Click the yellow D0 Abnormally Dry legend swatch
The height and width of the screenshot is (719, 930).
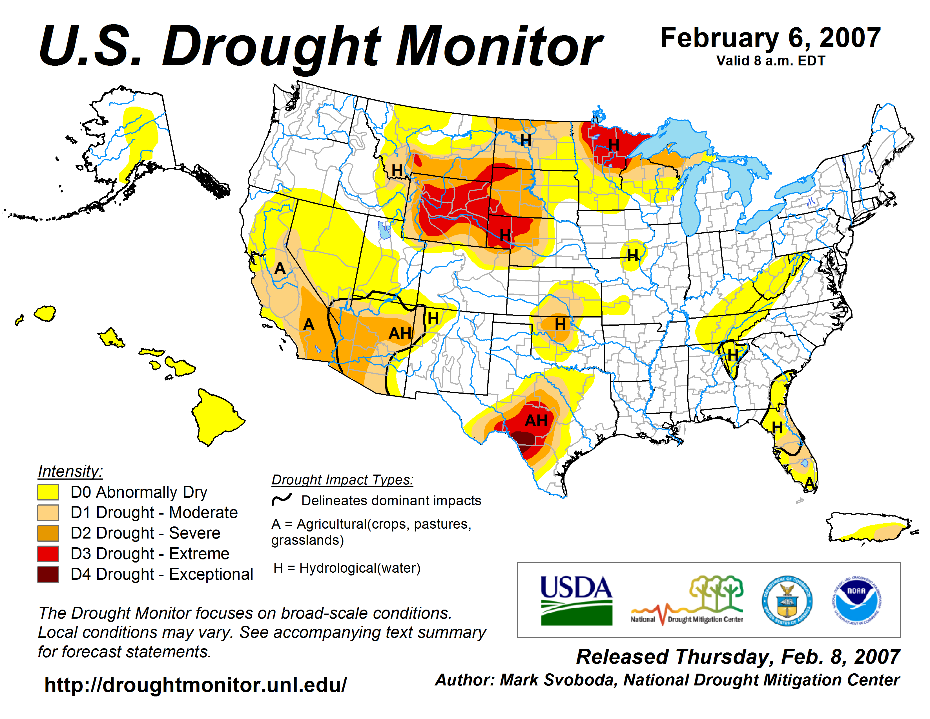click(x=48, y=492)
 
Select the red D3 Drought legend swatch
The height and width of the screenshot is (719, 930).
click(x=48, y=554)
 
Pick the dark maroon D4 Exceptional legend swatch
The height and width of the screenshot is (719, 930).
click(x=48, y=574)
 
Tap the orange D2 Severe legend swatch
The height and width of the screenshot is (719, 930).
click(x=48, y=533)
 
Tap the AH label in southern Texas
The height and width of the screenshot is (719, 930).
click(x=536, y=421)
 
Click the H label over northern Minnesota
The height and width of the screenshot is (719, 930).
click(x=614, y=145)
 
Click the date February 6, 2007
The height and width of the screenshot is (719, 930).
click(x=770, y=38)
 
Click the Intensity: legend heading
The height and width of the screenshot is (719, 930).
click(x=70, y=471)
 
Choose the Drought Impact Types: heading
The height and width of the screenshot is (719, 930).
click(x=342, y=480)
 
